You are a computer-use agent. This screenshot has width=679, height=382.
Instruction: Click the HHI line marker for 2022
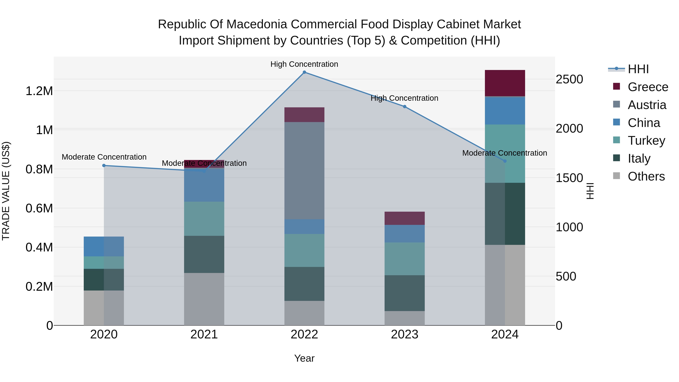tap(304, 72)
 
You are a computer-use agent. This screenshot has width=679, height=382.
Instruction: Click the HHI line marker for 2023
tap(405, 107)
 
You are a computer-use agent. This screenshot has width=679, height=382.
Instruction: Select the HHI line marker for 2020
tap(104, 166)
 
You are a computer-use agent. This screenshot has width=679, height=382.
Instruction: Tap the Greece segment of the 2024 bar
tap(505, 83)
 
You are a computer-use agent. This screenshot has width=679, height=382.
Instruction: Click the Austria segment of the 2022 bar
tap(304, 170)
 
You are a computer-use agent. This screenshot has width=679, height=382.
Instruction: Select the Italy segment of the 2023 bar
tap(405, 293)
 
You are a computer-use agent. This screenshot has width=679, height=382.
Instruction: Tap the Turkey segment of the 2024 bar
tap(505, 153)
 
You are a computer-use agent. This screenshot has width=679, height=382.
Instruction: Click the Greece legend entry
tap(648, 87)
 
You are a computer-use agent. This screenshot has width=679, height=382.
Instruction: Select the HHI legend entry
tap(638, 69)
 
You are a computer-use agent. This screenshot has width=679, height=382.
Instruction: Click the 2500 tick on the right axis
tap(569, 79)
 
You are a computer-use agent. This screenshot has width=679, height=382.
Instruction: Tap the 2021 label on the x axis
tap(204, 334)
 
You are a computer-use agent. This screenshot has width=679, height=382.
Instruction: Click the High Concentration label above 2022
tap(304, 64)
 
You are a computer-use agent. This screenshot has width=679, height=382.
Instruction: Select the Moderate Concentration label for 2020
tap(104, 157)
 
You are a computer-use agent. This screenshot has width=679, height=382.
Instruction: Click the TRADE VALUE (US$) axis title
tap(6, 191)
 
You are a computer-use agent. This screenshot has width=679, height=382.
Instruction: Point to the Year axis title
tap(304, 358)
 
